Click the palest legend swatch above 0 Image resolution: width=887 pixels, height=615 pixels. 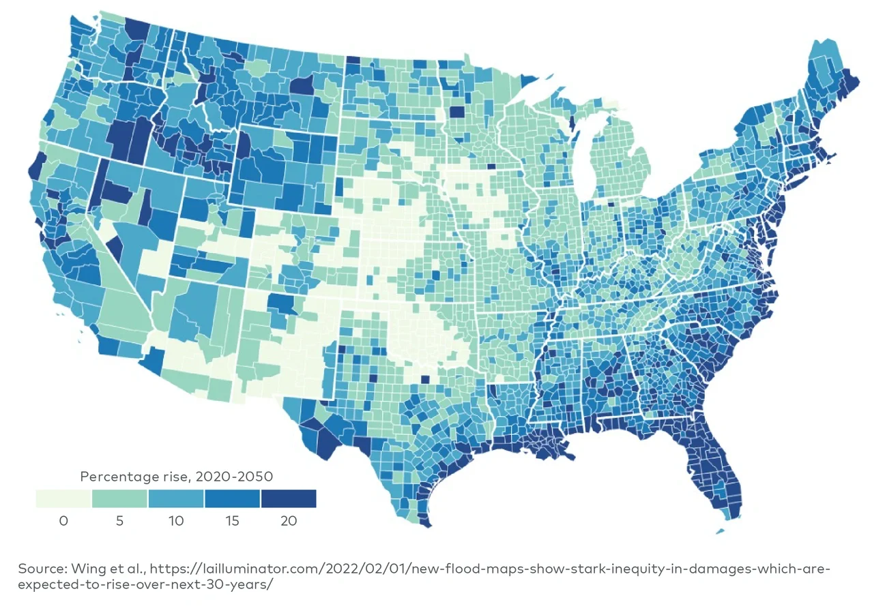pos(63,498)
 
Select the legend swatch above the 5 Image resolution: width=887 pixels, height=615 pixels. pos(119,498)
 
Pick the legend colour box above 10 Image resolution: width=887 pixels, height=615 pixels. pos(176,498)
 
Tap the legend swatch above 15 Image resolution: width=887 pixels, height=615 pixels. pos(232,498)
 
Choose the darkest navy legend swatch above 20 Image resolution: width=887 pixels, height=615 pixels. pos(289,498)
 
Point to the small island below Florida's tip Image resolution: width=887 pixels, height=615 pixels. pos(721,530)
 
